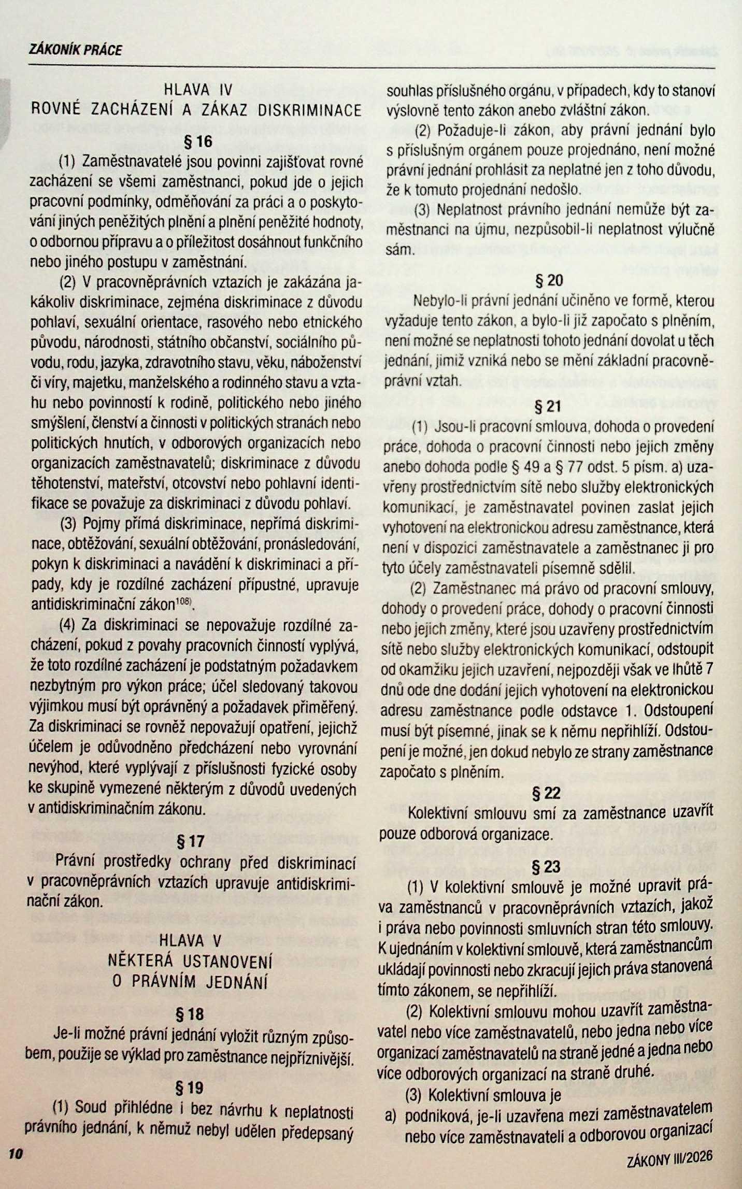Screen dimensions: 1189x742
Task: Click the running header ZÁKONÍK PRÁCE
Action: coord(76,50)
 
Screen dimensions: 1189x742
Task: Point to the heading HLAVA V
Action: coord(190,940)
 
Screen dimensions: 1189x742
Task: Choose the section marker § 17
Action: coord(191,841)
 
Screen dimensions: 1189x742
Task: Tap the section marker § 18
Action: coord(190,1014)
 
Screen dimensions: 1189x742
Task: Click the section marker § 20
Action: coord(549,281)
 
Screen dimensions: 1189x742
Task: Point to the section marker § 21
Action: coord(548,406)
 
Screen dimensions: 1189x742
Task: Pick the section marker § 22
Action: coord(547,793)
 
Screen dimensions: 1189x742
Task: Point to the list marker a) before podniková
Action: coord(391,1114)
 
